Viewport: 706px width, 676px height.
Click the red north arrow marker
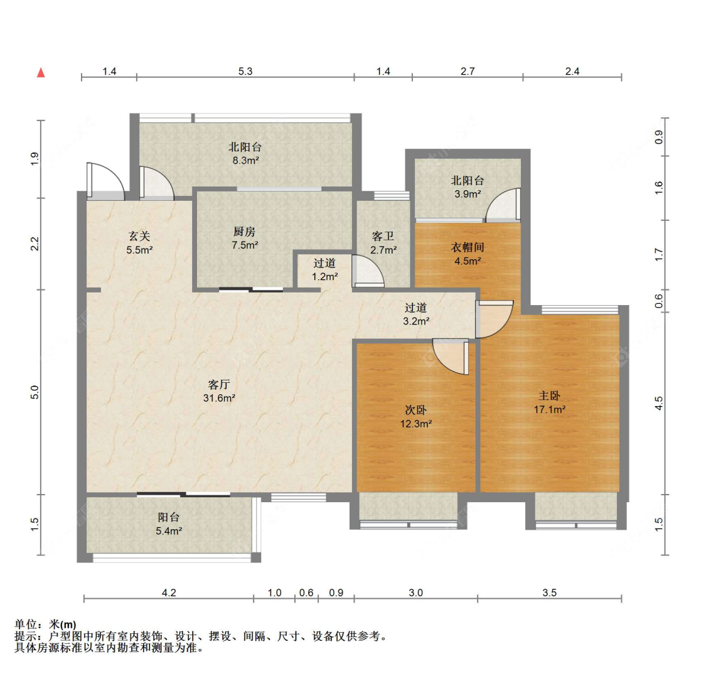coord(41,72)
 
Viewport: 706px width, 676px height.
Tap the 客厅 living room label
coord(219,384)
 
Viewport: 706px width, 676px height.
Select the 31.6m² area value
coord(219,398)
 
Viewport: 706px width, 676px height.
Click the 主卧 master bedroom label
coord(550,395)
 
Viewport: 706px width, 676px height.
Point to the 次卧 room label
coord(416,410)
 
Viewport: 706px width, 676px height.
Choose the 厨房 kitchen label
coord(245,232)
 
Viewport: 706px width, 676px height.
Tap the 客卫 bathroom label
coord(383,236)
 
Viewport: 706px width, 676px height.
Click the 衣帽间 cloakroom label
coord(468,247)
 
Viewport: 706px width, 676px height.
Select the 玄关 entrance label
coord(139,236)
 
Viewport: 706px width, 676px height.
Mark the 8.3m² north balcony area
coord(245,160)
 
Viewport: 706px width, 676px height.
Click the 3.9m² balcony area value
coord(468,194)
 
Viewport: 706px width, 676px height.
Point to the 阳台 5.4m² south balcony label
coord(169,524)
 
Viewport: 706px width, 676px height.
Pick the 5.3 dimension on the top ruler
coord(245,71)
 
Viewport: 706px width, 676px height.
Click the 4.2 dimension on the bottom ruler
coord(169,593)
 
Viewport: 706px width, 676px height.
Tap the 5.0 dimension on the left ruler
coord(35,392)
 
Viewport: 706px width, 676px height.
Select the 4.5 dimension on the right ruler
coord(659,403)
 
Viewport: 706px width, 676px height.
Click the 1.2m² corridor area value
coord(325,277)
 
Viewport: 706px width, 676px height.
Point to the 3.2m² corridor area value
coord(416,321)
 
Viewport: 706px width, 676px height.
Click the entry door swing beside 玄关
coord(106,181)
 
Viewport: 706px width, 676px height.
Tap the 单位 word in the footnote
coord(26,625)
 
